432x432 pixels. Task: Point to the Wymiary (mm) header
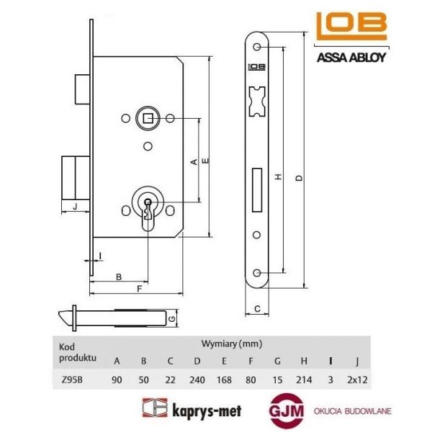[x=230, y=343]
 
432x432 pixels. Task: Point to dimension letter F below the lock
[x=138, y=289]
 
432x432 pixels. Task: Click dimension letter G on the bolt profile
[x=171, y=318]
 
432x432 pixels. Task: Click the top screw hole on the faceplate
[x=258, y=46]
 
